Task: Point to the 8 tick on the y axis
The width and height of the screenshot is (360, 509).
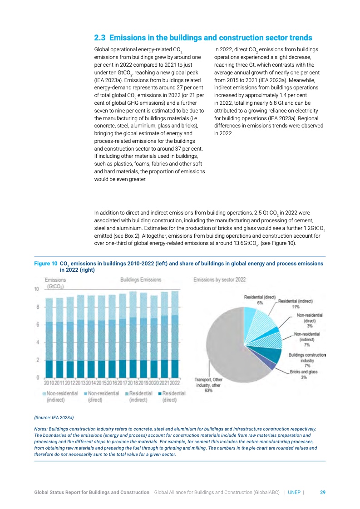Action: (37, 307)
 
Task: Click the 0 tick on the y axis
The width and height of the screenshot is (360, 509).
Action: (37, 377)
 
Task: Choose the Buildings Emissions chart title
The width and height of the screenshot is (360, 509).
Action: (141, 279)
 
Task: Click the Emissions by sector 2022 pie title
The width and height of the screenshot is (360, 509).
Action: (220, 279)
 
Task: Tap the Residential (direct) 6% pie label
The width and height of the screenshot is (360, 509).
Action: (260, 300)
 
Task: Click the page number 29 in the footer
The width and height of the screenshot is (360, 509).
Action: (323, 492)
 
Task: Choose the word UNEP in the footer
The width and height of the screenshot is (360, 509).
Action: (294, 492)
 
